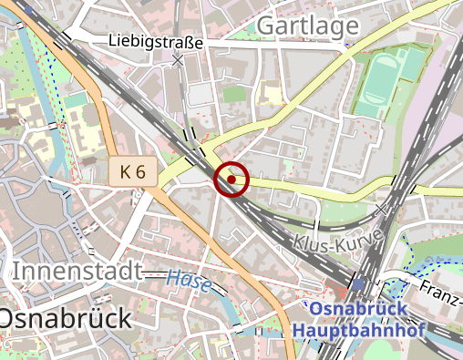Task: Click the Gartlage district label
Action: [307, 28]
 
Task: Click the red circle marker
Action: [231, 180]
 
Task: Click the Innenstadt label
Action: [77, 271]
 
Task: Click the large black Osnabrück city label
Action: [64, 318]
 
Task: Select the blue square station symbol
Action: [358, 284]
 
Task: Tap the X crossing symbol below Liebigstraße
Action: [179, 60]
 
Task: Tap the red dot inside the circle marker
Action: [231, 180]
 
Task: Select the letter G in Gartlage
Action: [265, 28]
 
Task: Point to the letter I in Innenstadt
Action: [17, 271]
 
